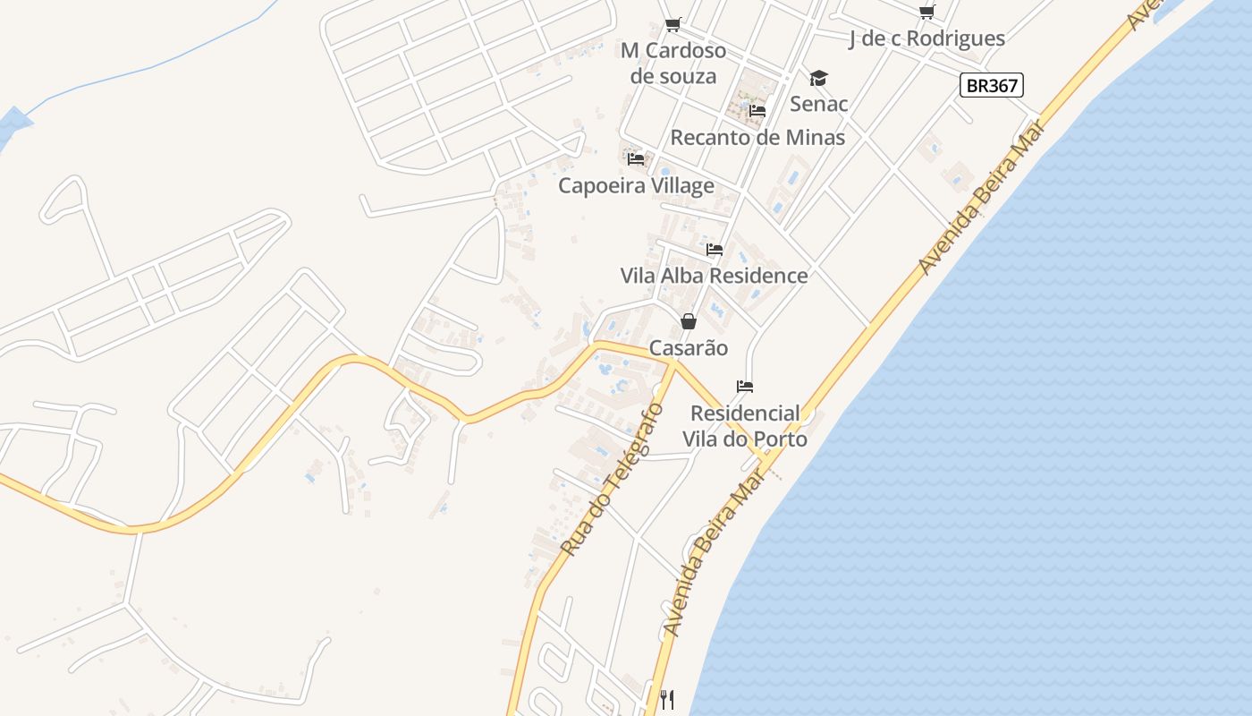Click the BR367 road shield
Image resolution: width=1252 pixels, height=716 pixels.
991,86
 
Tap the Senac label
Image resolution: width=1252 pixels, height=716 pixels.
818,104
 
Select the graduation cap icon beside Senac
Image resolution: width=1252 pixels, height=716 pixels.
818,79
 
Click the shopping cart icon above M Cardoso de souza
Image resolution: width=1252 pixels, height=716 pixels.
673,25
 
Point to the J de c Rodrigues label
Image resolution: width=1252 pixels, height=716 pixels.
926,38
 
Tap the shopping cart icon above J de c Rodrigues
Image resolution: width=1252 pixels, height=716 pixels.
927,12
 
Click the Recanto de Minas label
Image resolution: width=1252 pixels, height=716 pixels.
757,138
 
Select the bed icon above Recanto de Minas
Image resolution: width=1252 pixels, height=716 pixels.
757,111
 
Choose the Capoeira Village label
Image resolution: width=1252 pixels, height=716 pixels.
636,185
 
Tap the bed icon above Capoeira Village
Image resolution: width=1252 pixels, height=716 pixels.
636,159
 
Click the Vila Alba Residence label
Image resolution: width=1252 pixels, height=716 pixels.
714,276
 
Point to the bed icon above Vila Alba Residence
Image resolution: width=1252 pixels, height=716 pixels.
714,250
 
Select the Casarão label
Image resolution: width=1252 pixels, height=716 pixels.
689,348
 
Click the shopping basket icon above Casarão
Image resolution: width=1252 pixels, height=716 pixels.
689,321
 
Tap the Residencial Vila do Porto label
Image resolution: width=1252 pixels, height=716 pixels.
745,426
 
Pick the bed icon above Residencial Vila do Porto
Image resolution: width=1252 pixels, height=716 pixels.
745,387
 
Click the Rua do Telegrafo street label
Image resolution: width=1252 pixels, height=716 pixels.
613,479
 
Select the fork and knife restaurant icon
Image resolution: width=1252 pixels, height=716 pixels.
667,699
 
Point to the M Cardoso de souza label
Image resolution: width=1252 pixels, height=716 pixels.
673,63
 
